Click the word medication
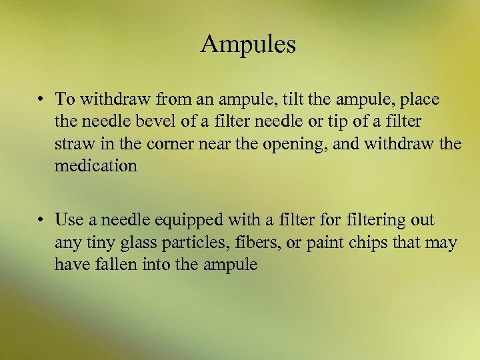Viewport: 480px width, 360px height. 96,166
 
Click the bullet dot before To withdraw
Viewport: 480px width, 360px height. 41,100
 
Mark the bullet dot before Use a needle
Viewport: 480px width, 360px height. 41,220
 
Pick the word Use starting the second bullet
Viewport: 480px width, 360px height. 68,219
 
